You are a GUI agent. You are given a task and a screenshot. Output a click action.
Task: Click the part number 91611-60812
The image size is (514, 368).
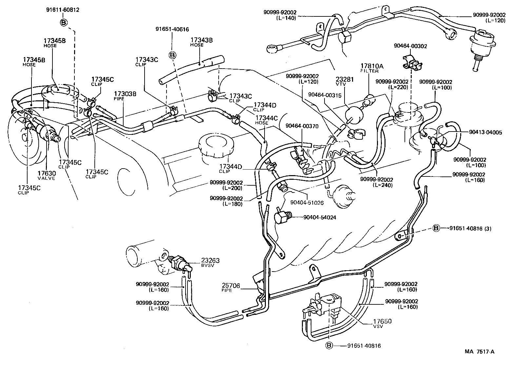(62, 10)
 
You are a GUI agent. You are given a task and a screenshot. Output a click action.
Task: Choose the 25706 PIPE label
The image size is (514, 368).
(231, 288)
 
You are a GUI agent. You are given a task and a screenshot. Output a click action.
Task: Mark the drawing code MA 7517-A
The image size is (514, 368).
(479, 352)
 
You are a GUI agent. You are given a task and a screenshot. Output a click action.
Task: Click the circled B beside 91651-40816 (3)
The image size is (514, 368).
(436, 228)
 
